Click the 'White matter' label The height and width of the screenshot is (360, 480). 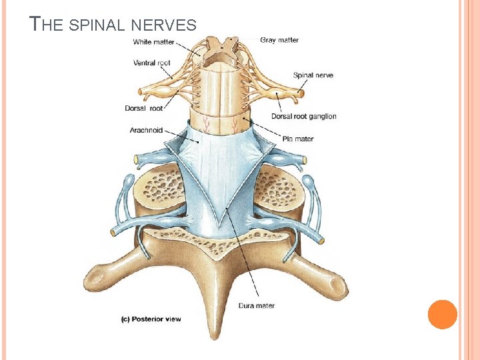(153, 42)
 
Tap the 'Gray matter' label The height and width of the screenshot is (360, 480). (279, 41)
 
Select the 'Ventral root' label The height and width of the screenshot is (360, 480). (152, 63)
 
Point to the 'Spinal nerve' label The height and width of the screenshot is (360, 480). (313, 75)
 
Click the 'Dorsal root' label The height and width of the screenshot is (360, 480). (143, 109)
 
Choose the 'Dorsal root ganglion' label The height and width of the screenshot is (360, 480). (303, 116)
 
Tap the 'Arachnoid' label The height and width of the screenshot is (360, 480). (146, 131)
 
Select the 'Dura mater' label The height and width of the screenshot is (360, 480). (256, 306)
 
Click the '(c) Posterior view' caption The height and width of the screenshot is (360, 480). (151, 319)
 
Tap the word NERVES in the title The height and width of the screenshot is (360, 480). (163, 26)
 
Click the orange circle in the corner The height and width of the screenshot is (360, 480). (442, 314)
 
